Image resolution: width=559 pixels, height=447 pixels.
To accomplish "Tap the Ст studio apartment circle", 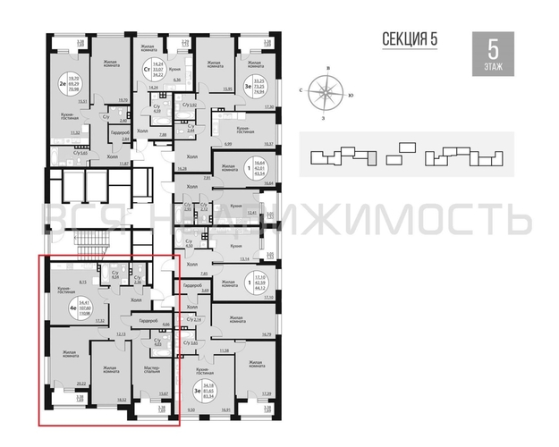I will click(144, 68).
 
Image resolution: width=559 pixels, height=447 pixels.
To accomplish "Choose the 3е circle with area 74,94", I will click(244, 65).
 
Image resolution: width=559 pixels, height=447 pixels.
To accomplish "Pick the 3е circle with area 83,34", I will click(195, 391).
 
